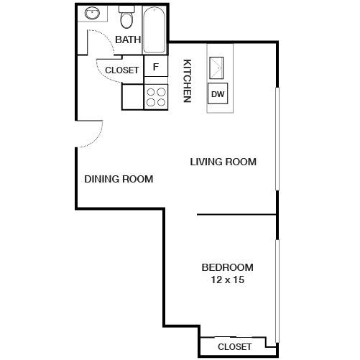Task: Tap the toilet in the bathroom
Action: click(127, 17)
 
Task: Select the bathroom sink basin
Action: click(92, 13)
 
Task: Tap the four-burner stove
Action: click(154, 97)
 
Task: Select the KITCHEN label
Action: click(186, 80)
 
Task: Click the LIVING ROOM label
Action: click(223, 162)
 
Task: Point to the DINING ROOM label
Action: click(119, 179)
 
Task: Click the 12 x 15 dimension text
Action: click(227, 280)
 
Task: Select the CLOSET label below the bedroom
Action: click(234, 346)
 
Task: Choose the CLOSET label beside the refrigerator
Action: click(122, 70)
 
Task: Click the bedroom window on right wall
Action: click(277, 287)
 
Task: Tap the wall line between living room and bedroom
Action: click(236, 214)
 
